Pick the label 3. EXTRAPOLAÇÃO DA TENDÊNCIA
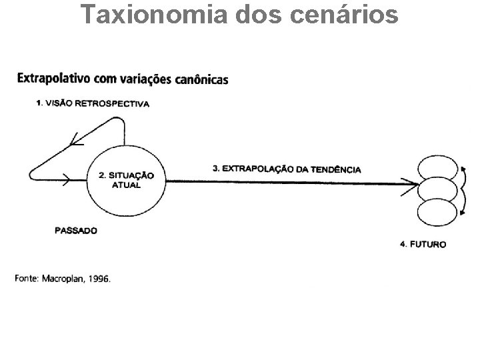pos(287,169)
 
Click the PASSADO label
pos(76,231)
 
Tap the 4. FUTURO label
pos(423,244)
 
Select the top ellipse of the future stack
pos(437,164)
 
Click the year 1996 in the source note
pos(99,279)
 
